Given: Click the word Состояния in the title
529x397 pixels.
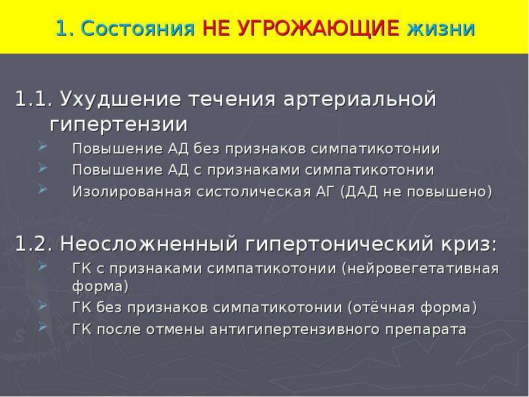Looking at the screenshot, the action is (x=138, y=28).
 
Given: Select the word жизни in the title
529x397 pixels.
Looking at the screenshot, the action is (x=441, y=28).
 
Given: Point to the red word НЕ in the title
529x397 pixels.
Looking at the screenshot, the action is (x=216, y=28).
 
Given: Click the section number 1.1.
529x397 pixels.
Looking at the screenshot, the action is (x=34, y=99).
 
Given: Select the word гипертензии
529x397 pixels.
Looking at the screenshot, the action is (x=118, y=125).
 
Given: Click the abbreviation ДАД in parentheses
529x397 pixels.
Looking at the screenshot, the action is (x=361, y=193).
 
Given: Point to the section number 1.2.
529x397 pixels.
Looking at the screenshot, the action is (x=34, y=243).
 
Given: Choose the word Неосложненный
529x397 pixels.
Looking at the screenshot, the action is (x=149, y=243).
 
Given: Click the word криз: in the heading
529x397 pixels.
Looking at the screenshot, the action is (x=469, y=243).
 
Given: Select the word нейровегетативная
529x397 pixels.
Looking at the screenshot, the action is (x=423, y=269).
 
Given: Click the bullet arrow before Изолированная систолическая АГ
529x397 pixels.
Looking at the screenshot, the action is (x=42, y=189).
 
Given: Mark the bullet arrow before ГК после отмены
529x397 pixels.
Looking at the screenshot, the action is (x=42, y=326).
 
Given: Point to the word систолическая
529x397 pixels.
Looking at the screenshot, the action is (x=254, y=192).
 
